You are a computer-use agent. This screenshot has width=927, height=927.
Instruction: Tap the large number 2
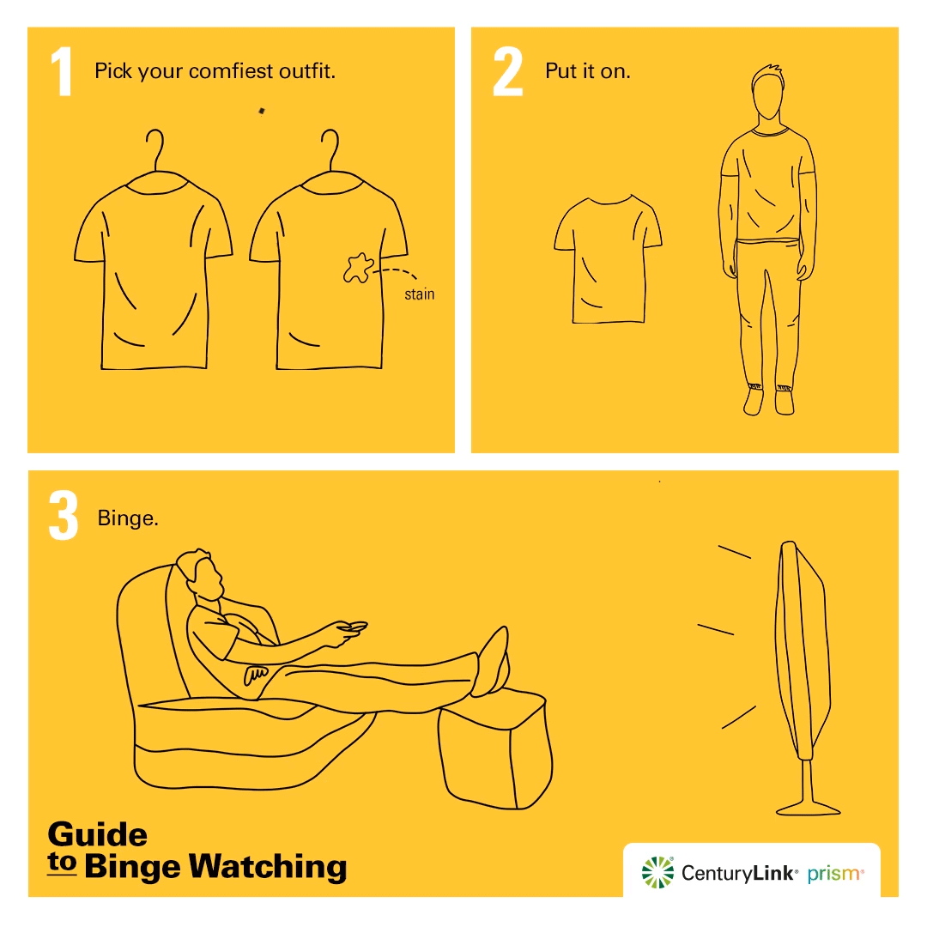point(507,72)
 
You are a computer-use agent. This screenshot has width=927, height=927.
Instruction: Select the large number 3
point(64,517)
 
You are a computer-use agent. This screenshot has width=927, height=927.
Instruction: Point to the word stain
point(419,294)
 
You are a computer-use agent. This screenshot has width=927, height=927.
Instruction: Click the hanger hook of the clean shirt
point(154,148)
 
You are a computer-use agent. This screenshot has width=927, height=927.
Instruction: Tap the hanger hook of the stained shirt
point(330,148)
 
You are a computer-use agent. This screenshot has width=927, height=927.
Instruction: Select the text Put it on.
point(588,71)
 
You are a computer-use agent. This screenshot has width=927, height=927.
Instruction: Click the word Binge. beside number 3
point(128,518)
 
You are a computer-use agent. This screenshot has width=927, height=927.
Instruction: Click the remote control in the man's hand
point(353,627)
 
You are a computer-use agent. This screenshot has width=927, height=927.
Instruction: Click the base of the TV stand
point(807,807)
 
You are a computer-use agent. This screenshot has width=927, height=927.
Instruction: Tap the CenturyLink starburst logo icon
point(658,872)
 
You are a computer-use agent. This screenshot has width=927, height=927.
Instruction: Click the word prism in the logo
point(834,874)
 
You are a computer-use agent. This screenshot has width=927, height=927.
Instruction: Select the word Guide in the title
point(97,834)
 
